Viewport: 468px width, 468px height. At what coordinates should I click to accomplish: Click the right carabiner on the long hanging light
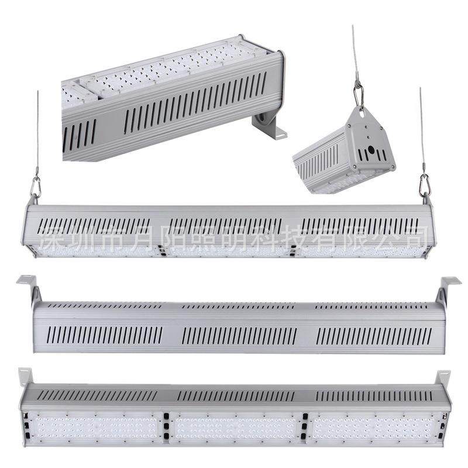point(424,185)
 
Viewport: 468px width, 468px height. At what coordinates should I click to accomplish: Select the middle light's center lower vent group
point(239,335)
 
